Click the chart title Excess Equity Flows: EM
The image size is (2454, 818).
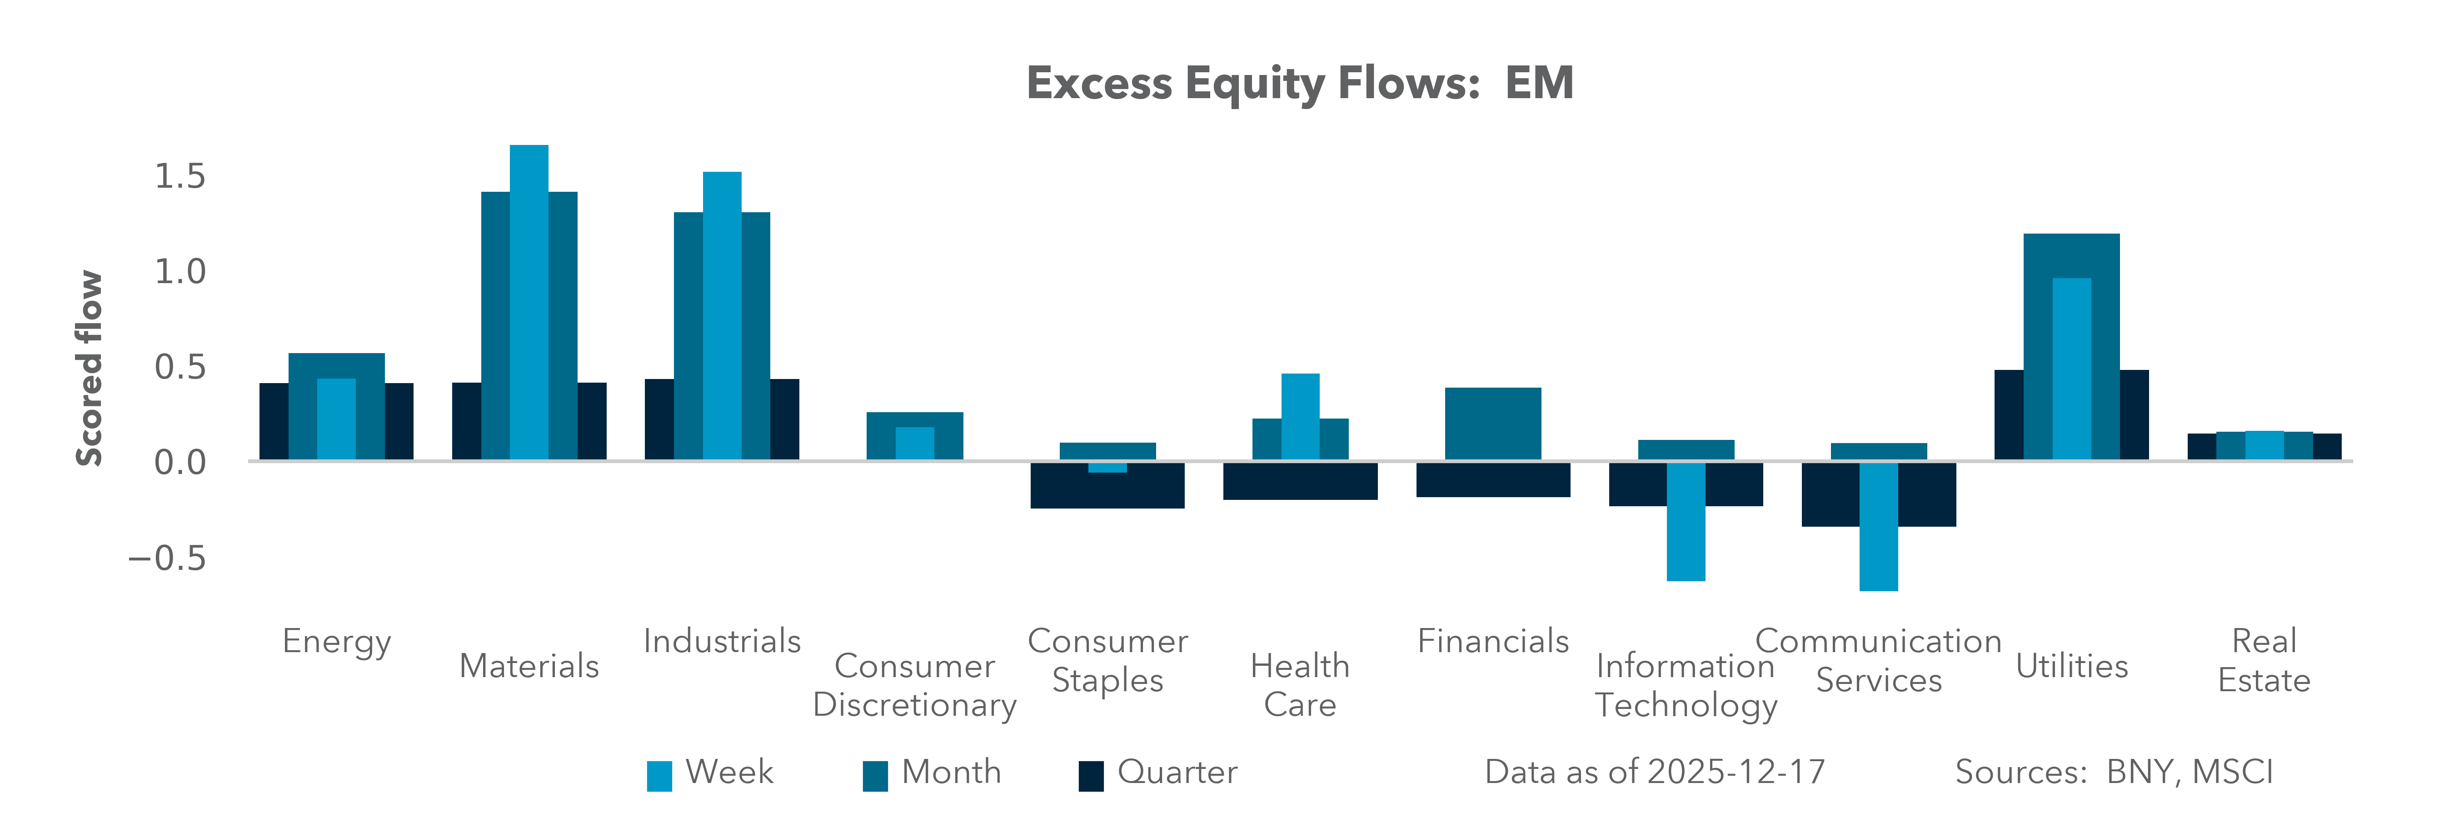pos(1299,84)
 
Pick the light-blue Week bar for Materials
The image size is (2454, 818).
pos(529,303)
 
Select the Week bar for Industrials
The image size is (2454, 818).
pos(722,316)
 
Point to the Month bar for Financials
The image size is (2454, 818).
pos(1493,424)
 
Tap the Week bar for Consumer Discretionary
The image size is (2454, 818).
pos(914,444)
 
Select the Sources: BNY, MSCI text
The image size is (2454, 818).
pos(2113,772)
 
